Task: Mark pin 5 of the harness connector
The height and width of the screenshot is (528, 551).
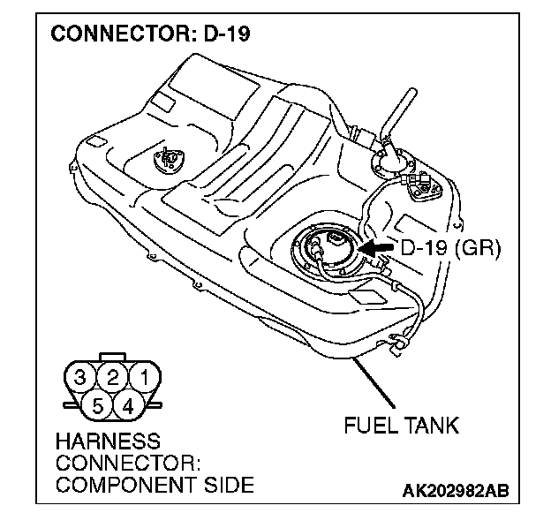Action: (x=98, y=406)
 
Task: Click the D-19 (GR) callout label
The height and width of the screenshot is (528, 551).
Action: (x=450, y=250)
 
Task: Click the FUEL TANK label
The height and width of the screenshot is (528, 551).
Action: (x=402, y=426)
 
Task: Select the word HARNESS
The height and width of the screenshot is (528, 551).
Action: (x=108, y=440)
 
